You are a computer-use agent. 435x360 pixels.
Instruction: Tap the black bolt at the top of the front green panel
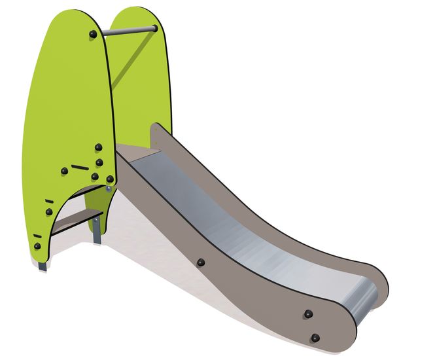coord(93,33)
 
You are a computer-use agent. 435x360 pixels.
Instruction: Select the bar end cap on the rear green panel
coord(154,28)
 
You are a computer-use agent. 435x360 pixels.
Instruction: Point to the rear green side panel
coord(141,79)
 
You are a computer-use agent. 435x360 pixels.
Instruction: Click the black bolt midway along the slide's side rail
coord(201,262)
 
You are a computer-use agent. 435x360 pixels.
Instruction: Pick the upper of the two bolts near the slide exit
coord(307,314)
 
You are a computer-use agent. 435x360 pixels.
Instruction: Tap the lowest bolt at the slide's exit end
coord(315,338)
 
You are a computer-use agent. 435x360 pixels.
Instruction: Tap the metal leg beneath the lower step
coord(97,228)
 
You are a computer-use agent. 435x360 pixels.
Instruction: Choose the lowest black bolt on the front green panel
coord(37,247)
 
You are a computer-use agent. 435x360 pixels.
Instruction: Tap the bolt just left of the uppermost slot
coord(64,171)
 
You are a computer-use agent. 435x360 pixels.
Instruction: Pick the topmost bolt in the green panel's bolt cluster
coord(98,147)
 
